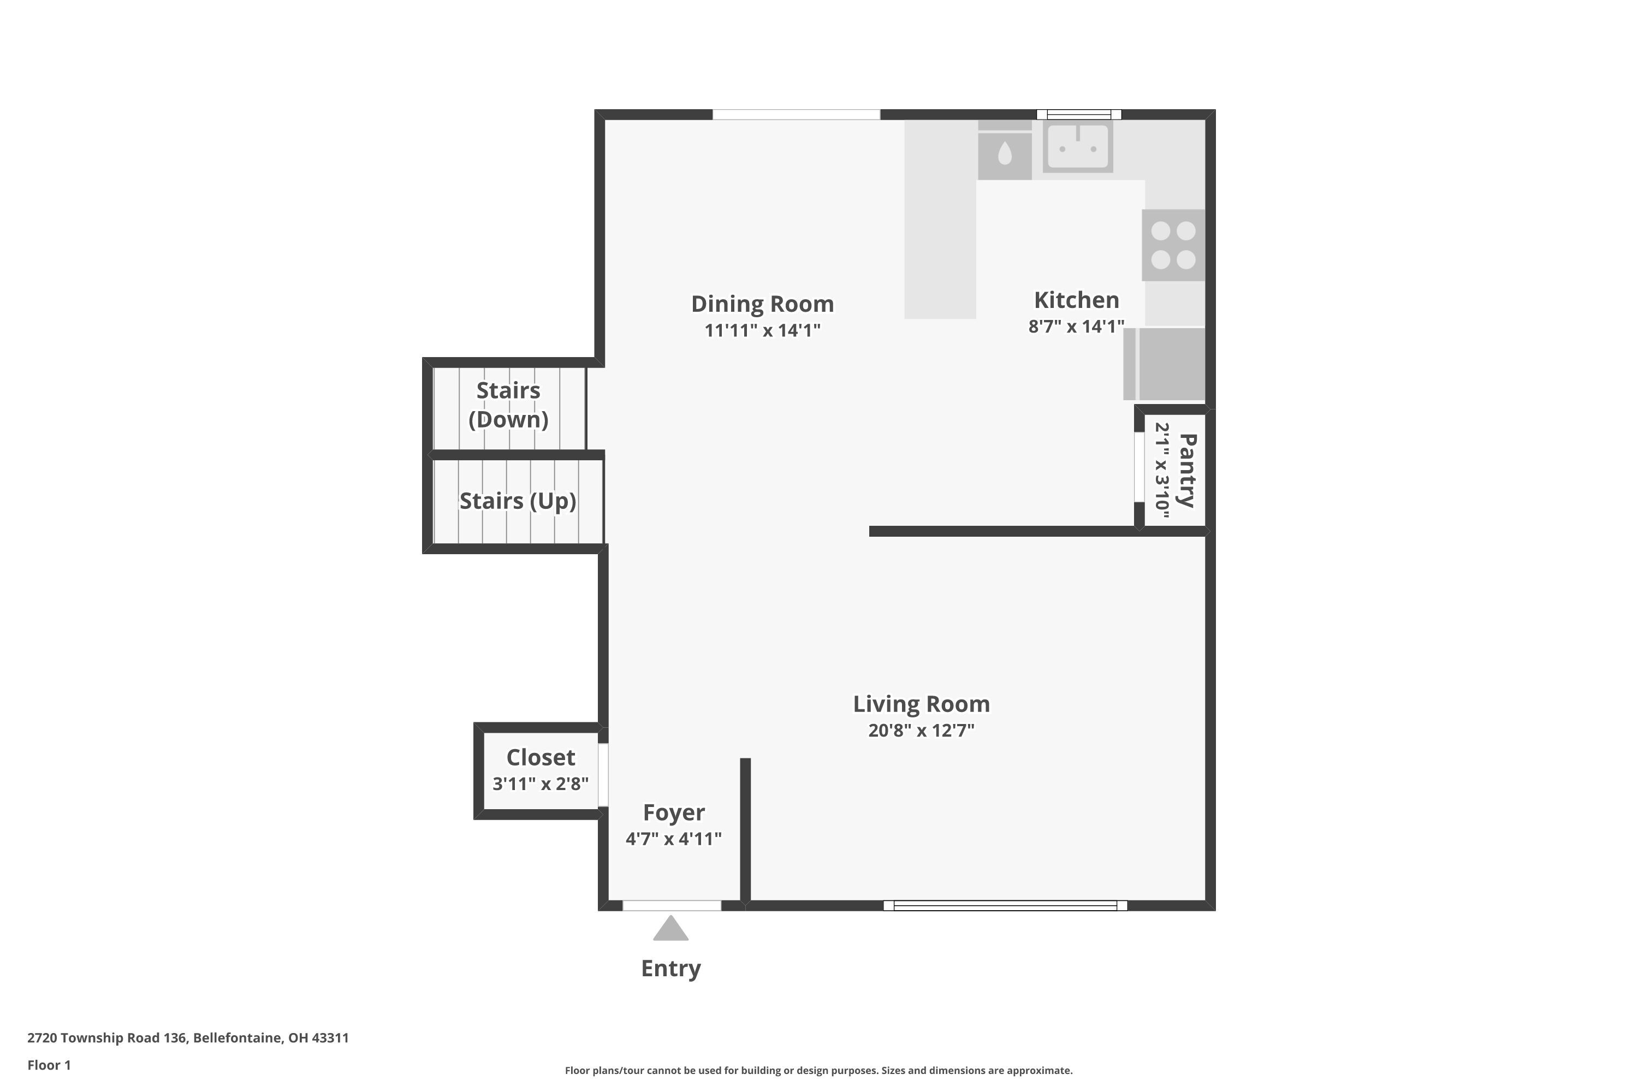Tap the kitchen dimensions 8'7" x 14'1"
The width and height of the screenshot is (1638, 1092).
[1076, 327]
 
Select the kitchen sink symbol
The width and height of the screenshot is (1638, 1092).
[1077, 147]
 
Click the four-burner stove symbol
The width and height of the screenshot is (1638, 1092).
[1173, 245]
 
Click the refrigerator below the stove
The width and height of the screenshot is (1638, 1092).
[1165, 364]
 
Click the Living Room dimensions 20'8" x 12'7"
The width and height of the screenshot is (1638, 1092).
[921, 731]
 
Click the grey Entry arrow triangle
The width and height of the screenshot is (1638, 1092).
[670, 930]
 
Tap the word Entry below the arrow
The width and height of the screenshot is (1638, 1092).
[670, 968]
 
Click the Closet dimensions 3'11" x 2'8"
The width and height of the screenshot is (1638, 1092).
[541, 784]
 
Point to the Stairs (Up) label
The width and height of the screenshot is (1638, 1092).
[518, 501]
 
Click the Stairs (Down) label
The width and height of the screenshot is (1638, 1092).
[508, 405]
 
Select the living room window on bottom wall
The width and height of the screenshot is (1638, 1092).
[1005, 905]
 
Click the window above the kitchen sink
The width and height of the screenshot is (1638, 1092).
[1079, 115]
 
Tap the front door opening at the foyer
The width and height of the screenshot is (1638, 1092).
[672, 905]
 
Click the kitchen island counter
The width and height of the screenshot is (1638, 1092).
[940, 219]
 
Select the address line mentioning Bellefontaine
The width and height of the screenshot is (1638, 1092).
[188, 1038]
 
